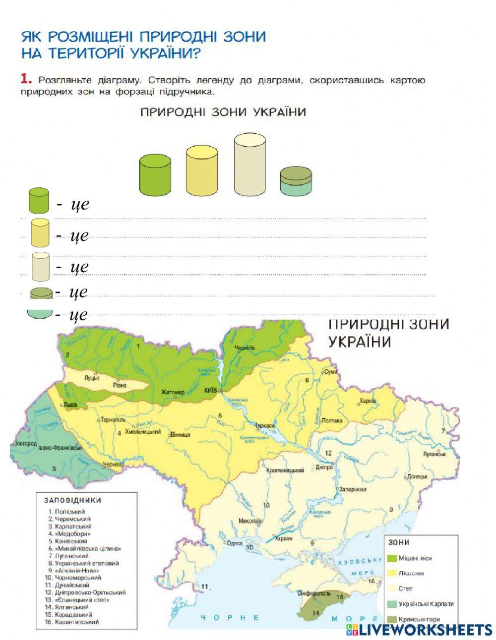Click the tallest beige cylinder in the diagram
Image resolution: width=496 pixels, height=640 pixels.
(x=249, y=165)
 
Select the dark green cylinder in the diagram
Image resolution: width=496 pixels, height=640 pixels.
(x=155, y=175)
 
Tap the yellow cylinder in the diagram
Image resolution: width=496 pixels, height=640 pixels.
(x=202, y=171)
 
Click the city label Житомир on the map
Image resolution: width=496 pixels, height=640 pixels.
(x=173, y=392)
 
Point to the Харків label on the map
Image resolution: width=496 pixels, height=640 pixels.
(x=368, y=401)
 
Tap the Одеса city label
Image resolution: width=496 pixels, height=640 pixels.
(x=235, y=543)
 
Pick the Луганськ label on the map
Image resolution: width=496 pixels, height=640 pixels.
(x=434, y=454)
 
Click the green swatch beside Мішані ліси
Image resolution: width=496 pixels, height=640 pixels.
(x=391, y=558)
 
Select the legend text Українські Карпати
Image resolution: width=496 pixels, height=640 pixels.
(x=426, y=604)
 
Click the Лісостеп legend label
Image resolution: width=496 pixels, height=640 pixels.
(x=411, y=573)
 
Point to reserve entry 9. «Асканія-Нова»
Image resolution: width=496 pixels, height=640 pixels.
(x=70, y=571)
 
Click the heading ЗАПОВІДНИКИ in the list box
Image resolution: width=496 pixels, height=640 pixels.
(x=72, y=501)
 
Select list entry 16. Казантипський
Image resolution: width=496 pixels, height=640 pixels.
(x=71, y=622)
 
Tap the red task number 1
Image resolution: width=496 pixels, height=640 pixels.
(x=26, y=79)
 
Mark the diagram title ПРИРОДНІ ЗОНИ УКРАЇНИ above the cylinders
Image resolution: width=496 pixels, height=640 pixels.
(x=223, y=112)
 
